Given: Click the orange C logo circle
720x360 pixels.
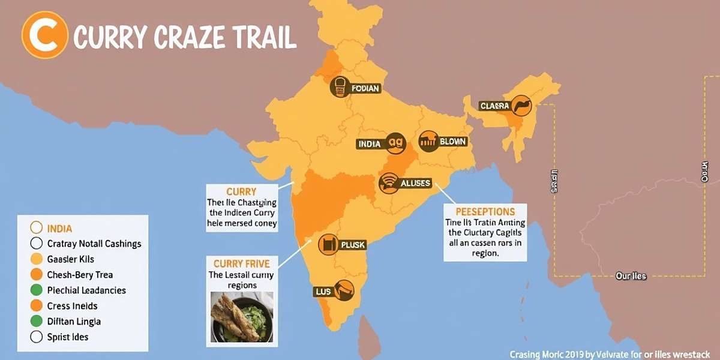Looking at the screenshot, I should point(44,35).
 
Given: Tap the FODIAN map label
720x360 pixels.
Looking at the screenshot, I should point(365,88).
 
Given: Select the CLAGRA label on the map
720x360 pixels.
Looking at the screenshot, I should point(495,106).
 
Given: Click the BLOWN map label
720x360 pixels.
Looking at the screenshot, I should point(452,142).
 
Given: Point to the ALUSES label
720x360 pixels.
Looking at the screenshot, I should point(415,182).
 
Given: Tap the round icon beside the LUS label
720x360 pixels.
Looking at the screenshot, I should point(343,290).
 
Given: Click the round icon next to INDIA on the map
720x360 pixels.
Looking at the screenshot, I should point(397,143).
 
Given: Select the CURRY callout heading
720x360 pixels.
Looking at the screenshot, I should point(241,191).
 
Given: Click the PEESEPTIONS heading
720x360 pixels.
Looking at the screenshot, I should point(485,212).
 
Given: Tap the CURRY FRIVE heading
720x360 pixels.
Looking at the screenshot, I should point(242,263).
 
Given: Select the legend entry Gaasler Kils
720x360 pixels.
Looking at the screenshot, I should point(70,259).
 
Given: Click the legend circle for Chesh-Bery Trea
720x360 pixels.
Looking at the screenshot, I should point(36,275).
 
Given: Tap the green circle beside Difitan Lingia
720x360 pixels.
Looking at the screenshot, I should point(36,321).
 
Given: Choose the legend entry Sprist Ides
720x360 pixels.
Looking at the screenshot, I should point(67,337).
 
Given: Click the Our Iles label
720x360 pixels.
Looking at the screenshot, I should point(630,276).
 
